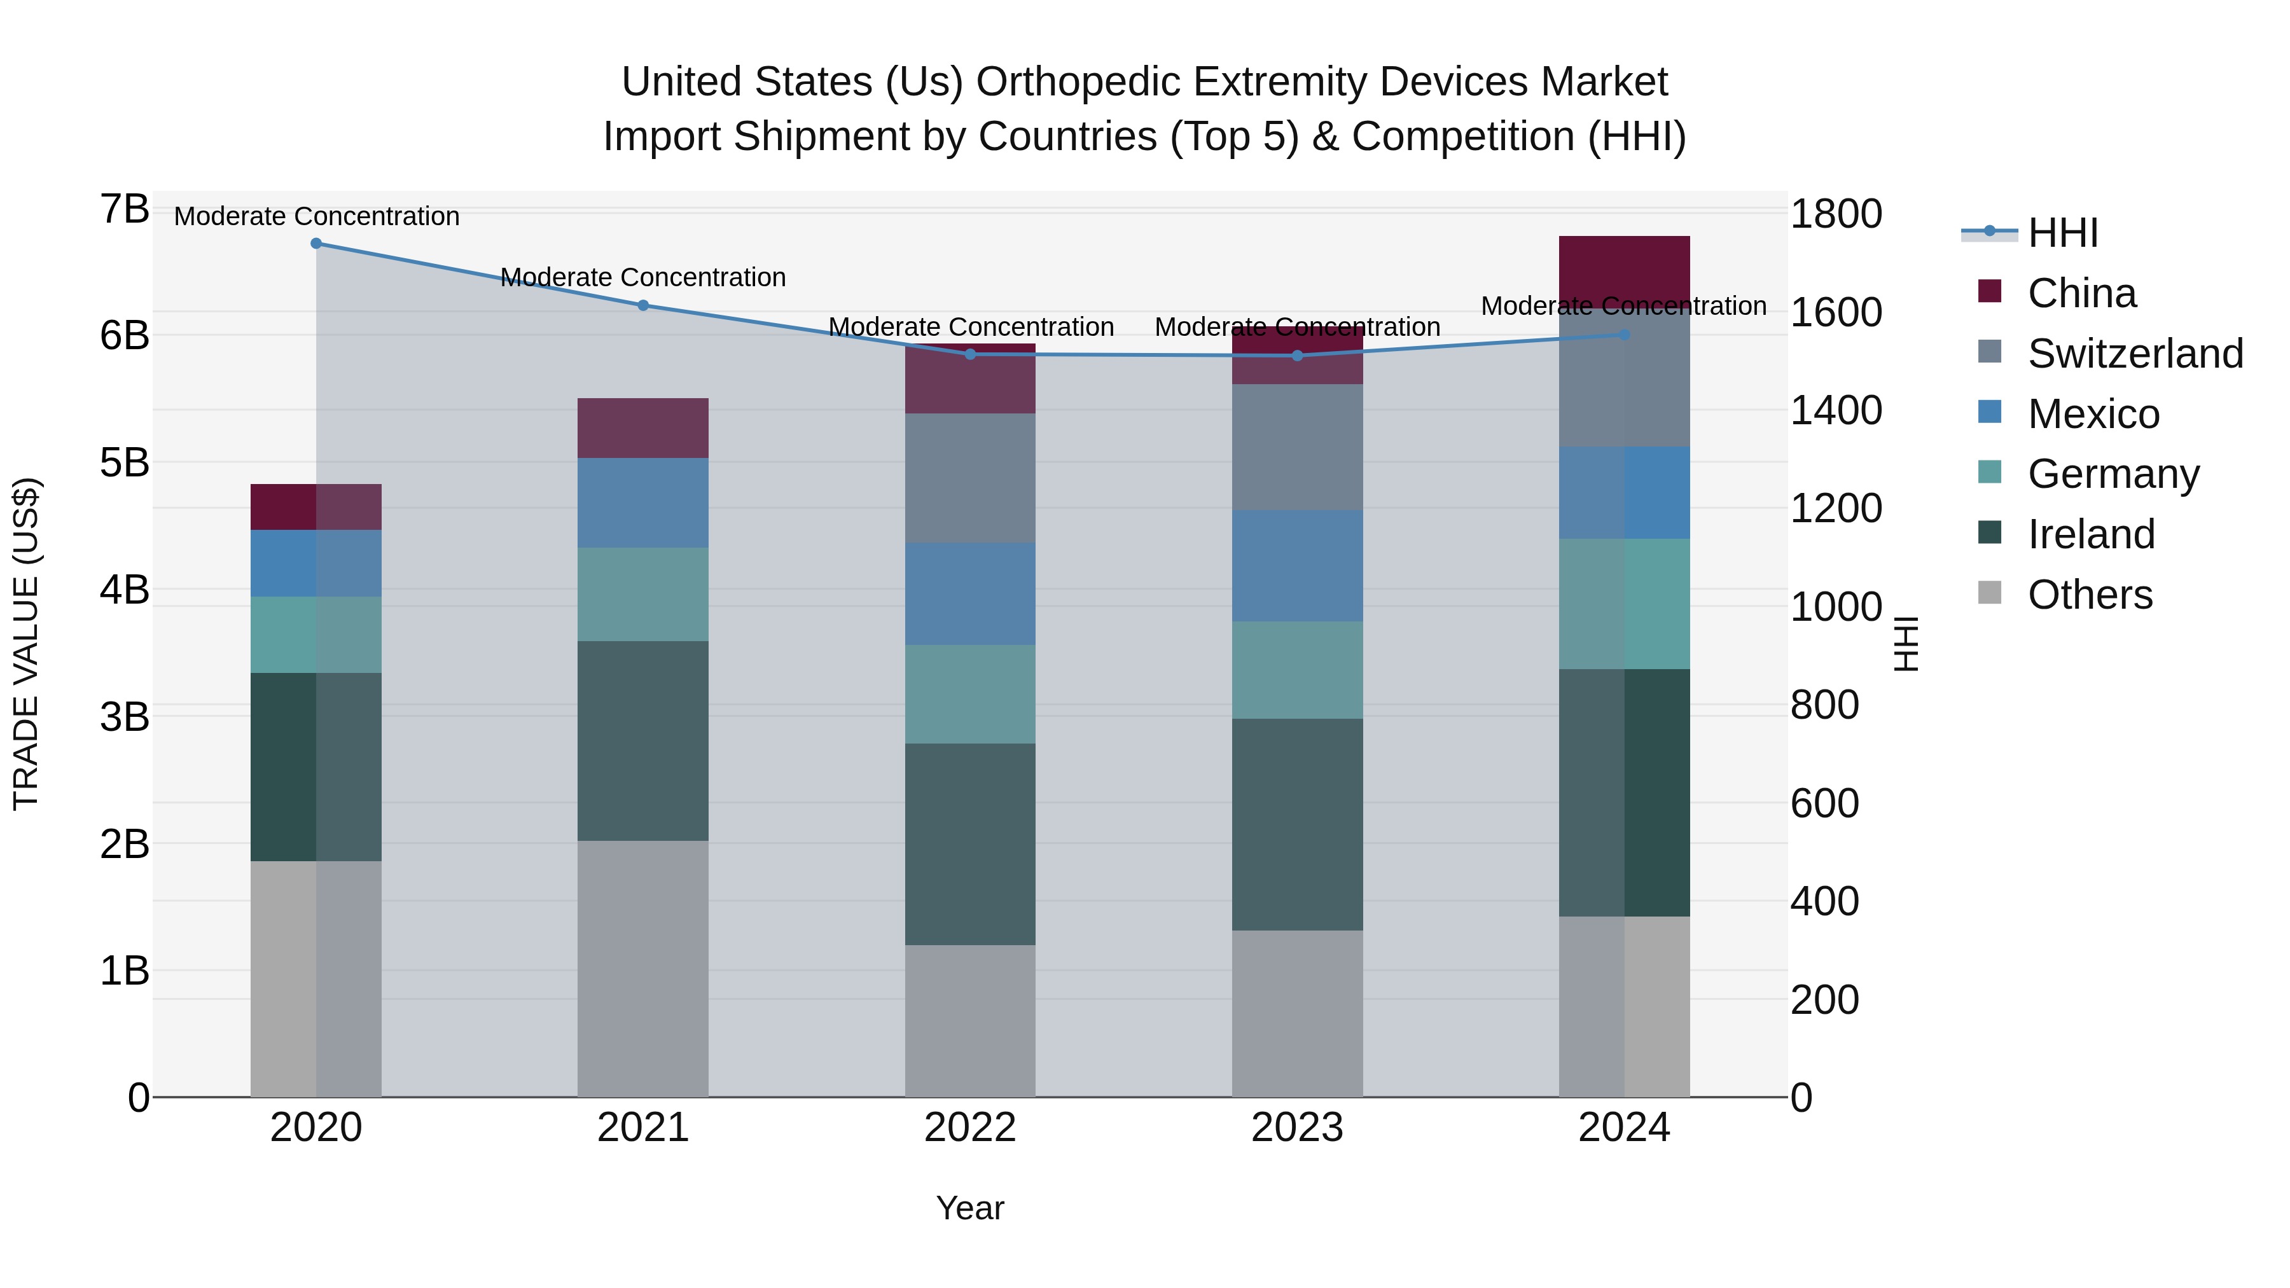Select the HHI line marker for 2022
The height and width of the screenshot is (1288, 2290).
970,355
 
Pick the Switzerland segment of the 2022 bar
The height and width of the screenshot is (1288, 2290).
970,478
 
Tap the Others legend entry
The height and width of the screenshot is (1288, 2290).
2089,595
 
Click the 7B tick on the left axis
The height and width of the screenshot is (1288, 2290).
125,210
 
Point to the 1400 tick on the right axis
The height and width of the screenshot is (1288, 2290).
1836,411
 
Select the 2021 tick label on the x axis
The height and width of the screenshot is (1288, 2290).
642,1128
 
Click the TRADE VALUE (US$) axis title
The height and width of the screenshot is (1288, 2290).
27,644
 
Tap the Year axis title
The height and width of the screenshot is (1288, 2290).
970,1208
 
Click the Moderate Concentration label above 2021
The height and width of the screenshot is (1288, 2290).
642,277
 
